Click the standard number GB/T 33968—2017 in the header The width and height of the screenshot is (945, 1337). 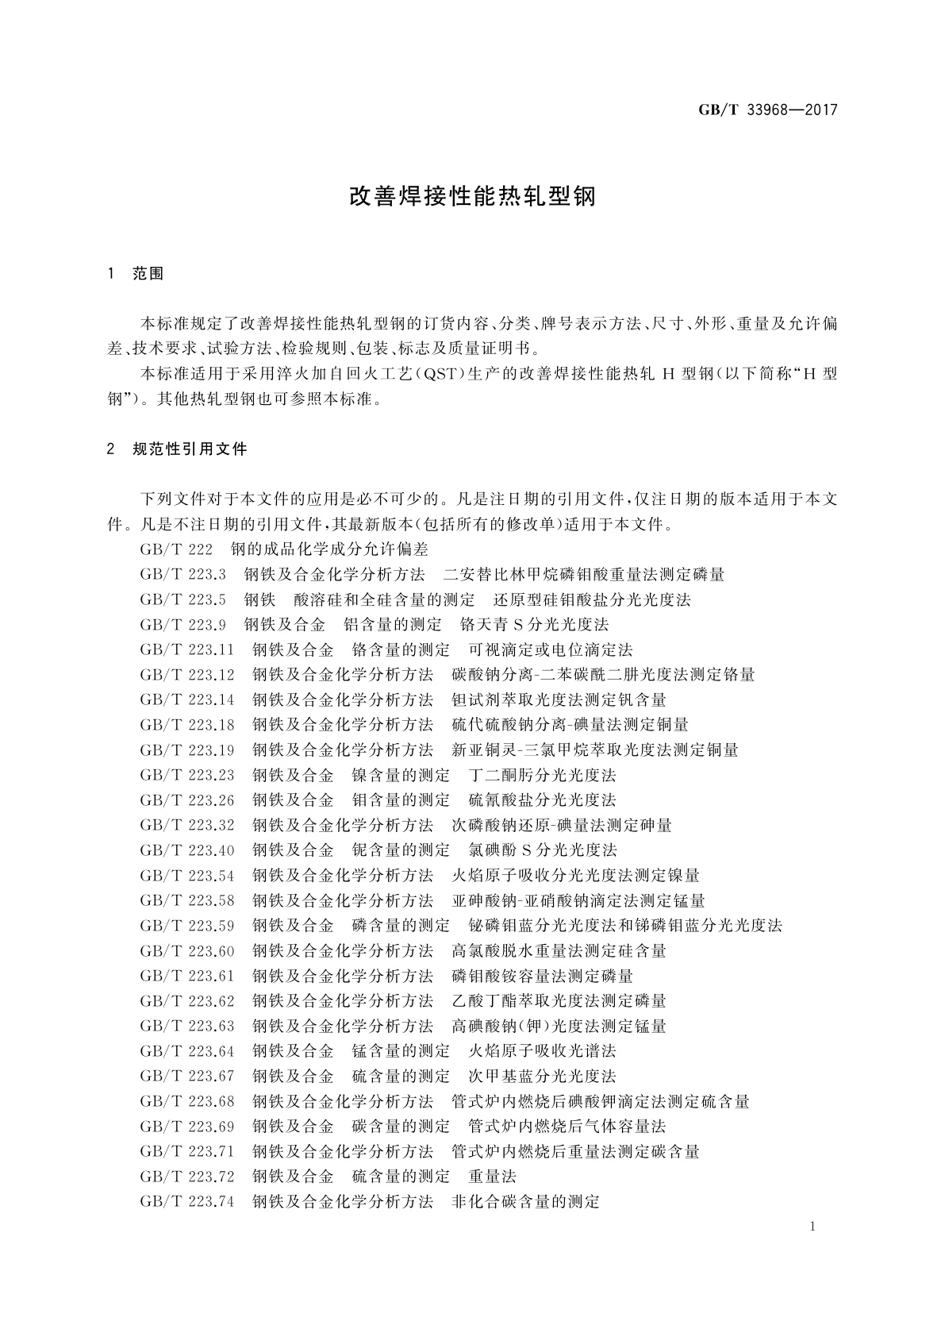(767, 110)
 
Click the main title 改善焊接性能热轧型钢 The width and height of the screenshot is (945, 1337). (472, 197)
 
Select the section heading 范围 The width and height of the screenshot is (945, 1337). (148, 274)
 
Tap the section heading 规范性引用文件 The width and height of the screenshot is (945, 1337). (190, 449)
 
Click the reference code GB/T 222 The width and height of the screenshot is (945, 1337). (176, 549)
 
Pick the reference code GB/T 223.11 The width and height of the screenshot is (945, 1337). (187, 649)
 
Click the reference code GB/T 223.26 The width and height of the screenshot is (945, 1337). (187, 800)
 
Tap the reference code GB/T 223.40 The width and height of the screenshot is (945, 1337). (187, 850)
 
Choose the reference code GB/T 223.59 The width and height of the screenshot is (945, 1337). (187, 926)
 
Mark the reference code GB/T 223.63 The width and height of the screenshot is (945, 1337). (187, 1026)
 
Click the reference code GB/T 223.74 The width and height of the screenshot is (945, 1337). (187, 1202)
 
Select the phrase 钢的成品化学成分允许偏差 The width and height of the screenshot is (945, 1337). (328, 549)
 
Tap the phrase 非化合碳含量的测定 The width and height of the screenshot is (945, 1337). (525, 1202)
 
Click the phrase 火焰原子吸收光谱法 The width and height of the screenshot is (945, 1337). (542, 1051)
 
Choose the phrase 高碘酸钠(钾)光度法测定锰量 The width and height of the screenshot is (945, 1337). (559, 1026)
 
